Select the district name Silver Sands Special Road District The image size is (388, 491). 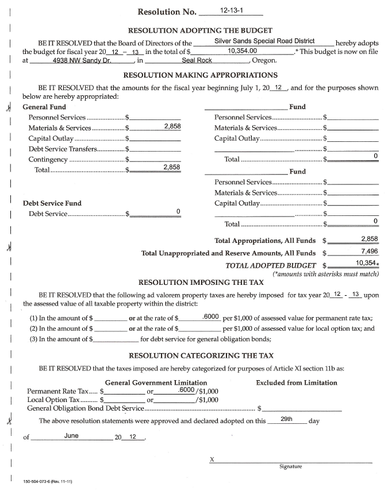[264, 41]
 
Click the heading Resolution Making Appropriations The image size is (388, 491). [201, 75]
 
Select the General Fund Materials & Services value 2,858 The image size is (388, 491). [172, 126]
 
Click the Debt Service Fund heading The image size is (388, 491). [52, 203]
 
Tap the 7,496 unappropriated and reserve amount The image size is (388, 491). [369, 252]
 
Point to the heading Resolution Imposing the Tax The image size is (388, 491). [201, 283]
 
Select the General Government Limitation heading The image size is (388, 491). [156, 382]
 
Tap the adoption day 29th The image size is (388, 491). [287, 420]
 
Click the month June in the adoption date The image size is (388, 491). [71, 435]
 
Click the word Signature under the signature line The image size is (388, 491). [290, 467]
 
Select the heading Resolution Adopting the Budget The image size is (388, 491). [201, 30]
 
